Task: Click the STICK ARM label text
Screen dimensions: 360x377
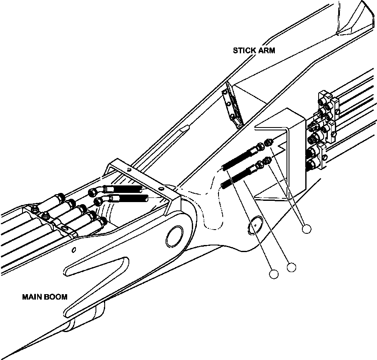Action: pos(254,50)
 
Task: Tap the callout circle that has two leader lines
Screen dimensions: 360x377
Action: pos(307,228)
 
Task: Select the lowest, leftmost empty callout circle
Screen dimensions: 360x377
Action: pos(274,274)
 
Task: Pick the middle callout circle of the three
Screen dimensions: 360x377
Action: pos(292,267)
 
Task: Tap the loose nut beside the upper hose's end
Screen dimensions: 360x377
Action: pos(269,142)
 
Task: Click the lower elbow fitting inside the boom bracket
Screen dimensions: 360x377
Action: pos(99,201)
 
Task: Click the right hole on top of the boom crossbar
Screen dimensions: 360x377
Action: pos(161,188)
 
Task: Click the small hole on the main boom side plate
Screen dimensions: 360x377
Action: pos(73,250)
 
